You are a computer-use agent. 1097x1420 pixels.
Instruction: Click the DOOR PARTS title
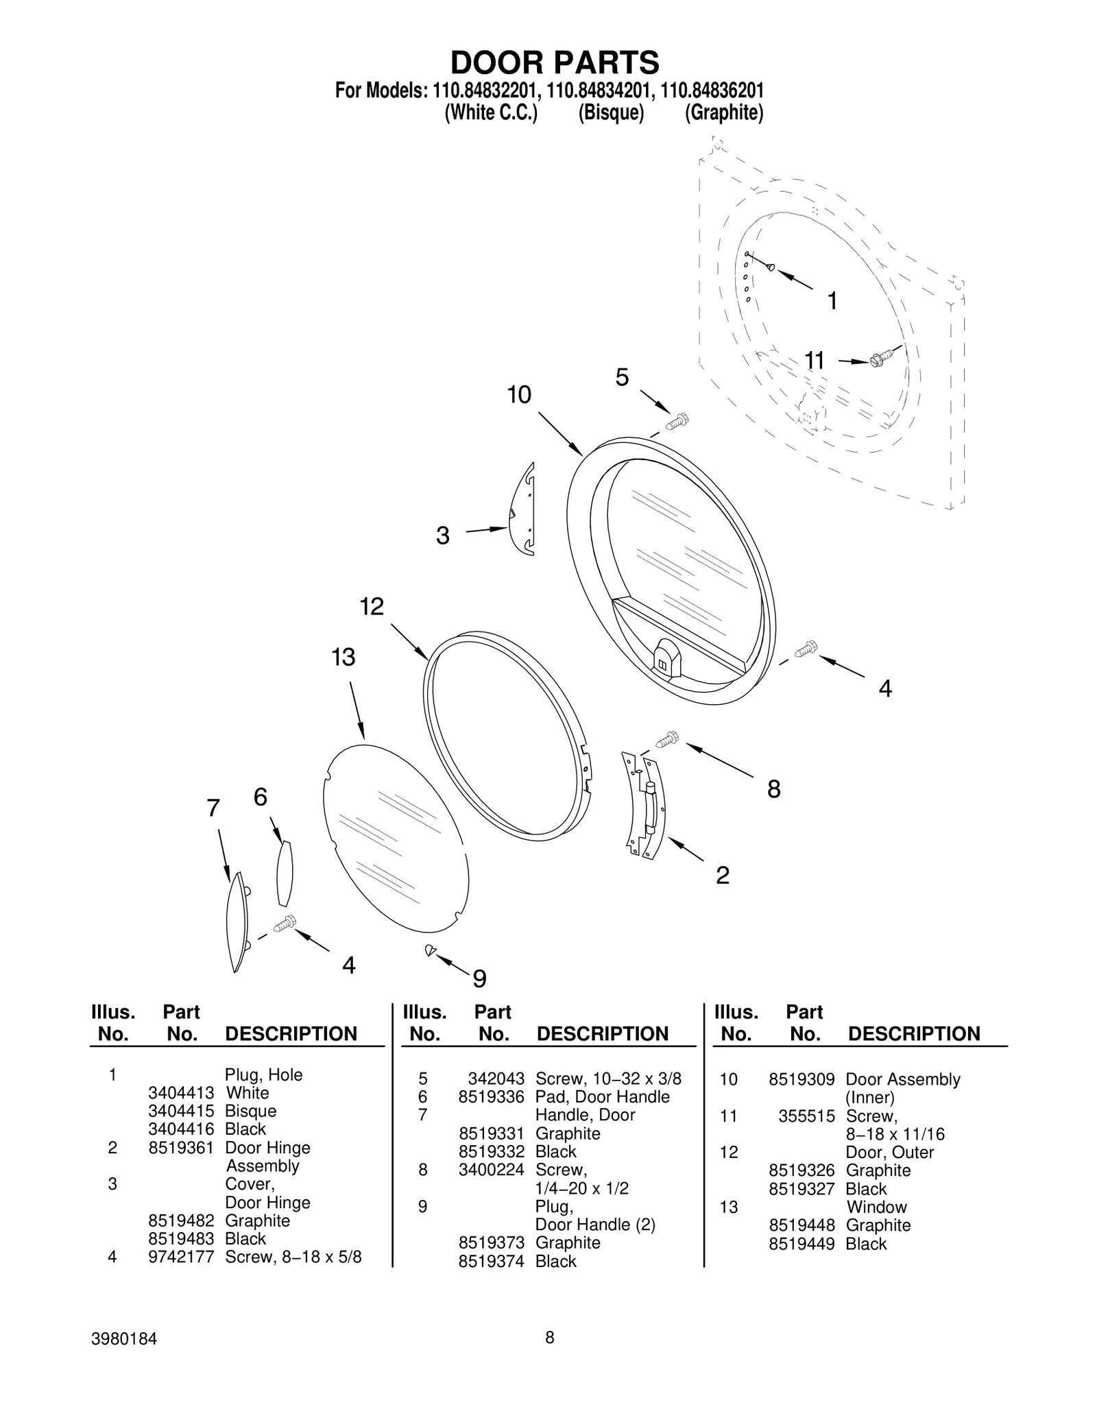pyautogui.click(x=555, y=62)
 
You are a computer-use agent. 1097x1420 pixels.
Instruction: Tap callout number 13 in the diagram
pyautogui.click(x=343, y=657)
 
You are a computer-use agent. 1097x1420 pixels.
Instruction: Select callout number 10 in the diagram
pyautogui.click(x=519, y=395)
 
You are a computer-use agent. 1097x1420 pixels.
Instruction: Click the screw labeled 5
pyautogui.click(x=677, y=422)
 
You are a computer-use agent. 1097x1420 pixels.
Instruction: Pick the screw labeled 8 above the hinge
pyautogui.click(x=666, y=740)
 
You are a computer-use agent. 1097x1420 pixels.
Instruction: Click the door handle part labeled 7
pyautogui.click(x=237, y=922)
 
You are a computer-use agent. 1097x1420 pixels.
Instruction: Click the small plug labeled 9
pyautogui.click(x=430, y=950)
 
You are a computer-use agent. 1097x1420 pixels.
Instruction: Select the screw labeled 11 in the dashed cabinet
pyautogui.click(x=880, y=359)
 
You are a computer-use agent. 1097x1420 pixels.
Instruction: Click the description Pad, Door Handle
pyautogui.click(x=602, y=1097)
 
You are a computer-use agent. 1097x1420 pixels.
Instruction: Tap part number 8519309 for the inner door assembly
pyautogui.click(x=801, y=1079)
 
